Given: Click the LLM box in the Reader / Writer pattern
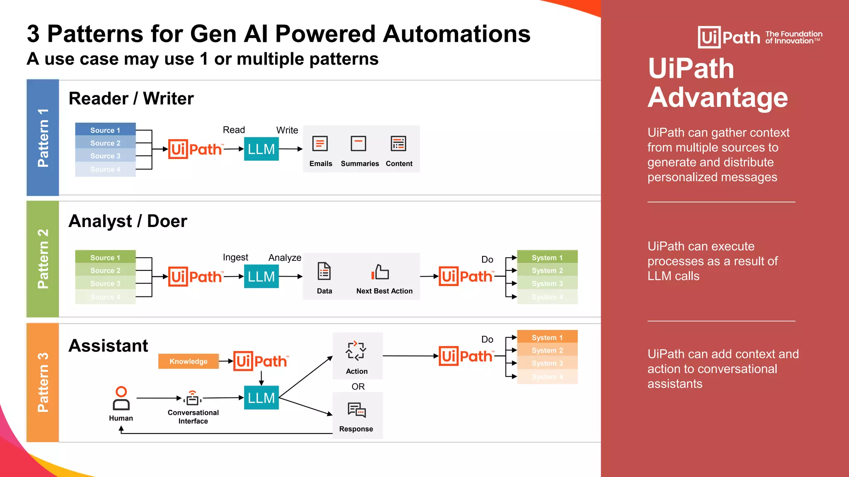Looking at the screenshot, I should pyautogui.click(x=261, y=149).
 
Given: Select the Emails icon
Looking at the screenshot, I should pyautogui.click(x=320, y=144).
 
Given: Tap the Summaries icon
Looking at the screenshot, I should pyautogui.click(x=358, y=144).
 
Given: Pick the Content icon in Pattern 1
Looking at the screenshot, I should pyautogui.click(x=398, y=144).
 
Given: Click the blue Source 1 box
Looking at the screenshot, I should pyautogui.click(x=105, y=130).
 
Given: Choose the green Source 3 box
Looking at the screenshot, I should pyautogui.click(x=105, y=284).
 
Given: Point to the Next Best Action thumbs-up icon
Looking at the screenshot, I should pyautogui.click(x=381, y=272).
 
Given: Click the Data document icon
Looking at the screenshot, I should pyautogui.click(x=324, y=272).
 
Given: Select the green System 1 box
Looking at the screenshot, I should pyautogui.click(x=547, y=257).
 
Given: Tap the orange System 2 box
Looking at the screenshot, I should pyautogui.click(x=547, y=350).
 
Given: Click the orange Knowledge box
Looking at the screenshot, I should pyautogui.click(x=189, y=361).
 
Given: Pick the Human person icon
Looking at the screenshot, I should pyautogui.click(x=121, y=398).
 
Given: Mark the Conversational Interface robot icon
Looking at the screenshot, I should pyautogui.click(x=192, y=398).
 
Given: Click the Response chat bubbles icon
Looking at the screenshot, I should pyautogui.click(x=357, y=410).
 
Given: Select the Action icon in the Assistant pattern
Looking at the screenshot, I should pyautogui.click(x=356, y=351).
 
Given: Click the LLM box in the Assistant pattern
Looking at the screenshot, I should pyautogui.click(x=261, y=397).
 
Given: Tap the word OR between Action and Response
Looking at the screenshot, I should pyautogui.click(x=358, y=386).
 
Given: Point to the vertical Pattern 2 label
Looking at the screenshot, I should pyautogui.click(x=43, y=259).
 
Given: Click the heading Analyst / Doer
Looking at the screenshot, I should pyautogui.click(x=128, y=221).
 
